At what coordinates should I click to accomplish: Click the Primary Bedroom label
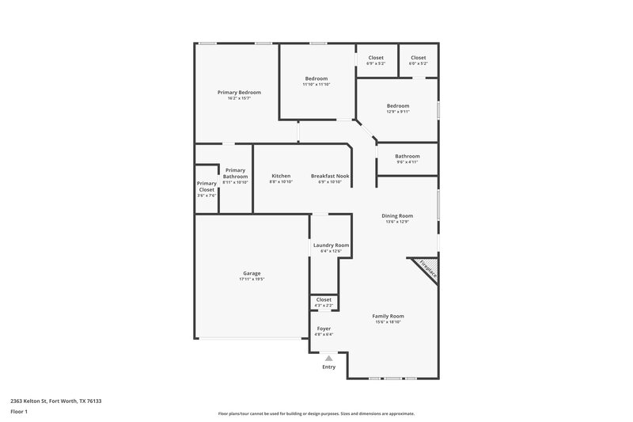pos(239,93)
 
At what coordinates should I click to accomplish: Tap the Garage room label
pos(251,273)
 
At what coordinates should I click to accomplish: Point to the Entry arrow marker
pos(328,358)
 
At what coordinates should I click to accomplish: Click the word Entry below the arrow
pos(328,367)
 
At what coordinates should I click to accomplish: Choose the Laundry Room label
pos(331,245)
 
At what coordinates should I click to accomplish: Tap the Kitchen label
pos(281,176)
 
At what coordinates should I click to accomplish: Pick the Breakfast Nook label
pos(330,176)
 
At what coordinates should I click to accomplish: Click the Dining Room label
pos(398,215)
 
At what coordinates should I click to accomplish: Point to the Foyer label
pos(324,328)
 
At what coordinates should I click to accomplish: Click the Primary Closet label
pos(207,187)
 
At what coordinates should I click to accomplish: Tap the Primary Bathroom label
pos(235,173)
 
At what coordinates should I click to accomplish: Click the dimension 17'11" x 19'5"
pos(251,279)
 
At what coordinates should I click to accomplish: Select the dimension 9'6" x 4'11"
pos(407,162)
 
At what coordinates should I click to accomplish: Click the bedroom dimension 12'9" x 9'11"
pos(398,112)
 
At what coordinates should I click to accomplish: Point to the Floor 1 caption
pos(18,412)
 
